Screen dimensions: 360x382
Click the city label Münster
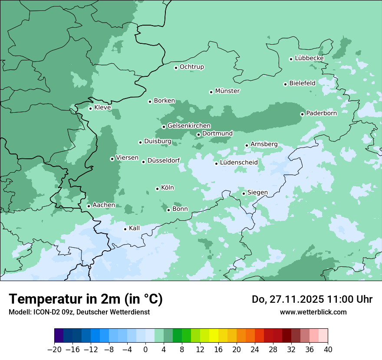(227, 91)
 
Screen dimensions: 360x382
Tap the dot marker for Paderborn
(302, 114)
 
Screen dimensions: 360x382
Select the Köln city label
(168, 188)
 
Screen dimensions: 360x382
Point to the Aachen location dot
(89, 206)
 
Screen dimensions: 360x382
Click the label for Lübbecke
(309, 58)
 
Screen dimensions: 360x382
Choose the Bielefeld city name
(302, 83)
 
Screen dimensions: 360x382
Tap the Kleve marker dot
(90, 108)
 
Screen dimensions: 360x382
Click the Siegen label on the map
(257, 193)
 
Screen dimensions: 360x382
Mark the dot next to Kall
(125, 229)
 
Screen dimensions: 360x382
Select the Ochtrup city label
(192, 67)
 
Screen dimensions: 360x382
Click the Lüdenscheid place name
(239, 163)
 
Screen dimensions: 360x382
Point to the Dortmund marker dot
(198, 134)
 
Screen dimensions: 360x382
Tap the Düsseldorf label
(164, 161)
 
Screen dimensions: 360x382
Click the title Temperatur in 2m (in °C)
(86, 299)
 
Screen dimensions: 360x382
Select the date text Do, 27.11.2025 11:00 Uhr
(312, 300)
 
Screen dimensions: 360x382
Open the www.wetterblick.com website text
(313, 312)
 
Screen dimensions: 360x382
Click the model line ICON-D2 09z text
(79, 312)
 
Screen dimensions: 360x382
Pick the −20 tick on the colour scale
(54, 350)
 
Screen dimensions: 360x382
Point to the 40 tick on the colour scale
(328, 350)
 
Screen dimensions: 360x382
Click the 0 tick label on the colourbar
(145, 350)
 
